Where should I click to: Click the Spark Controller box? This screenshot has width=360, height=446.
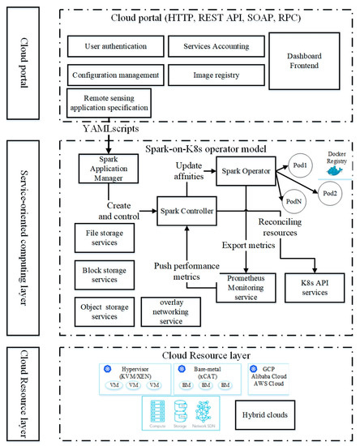coord(188,210)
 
